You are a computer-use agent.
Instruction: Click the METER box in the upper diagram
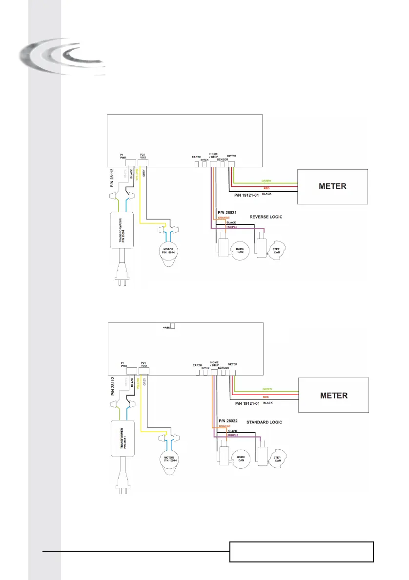(333, 186)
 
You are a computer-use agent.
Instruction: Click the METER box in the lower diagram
(333, 395)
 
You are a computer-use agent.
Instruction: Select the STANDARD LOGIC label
(264, 421)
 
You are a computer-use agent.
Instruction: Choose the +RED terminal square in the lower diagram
(172, 327)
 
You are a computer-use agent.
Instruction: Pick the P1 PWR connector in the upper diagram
(131, 163)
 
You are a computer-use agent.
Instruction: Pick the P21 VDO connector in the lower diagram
(143, 371)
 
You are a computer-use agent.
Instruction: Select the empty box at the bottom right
(301, 552)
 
